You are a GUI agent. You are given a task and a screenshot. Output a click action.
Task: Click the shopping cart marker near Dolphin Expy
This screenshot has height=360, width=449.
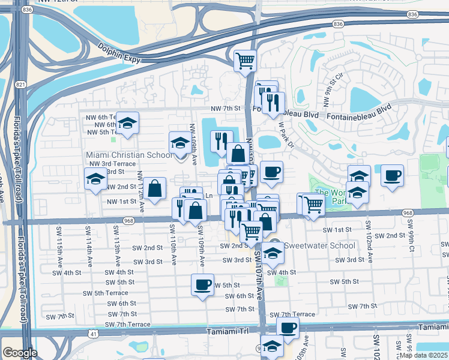tap(245, 60)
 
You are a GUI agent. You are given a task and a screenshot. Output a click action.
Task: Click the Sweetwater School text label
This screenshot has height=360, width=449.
tap(312, 245)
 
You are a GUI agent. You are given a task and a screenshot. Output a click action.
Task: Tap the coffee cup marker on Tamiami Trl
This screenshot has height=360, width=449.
tap(288, 328)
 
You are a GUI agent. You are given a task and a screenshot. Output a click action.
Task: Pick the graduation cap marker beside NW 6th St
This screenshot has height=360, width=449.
tap(127, 123)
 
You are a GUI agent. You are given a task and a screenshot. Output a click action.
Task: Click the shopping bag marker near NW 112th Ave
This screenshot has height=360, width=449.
tap(154, 188)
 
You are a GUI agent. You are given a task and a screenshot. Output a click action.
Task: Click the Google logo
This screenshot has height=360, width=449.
tap(20, 353)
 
